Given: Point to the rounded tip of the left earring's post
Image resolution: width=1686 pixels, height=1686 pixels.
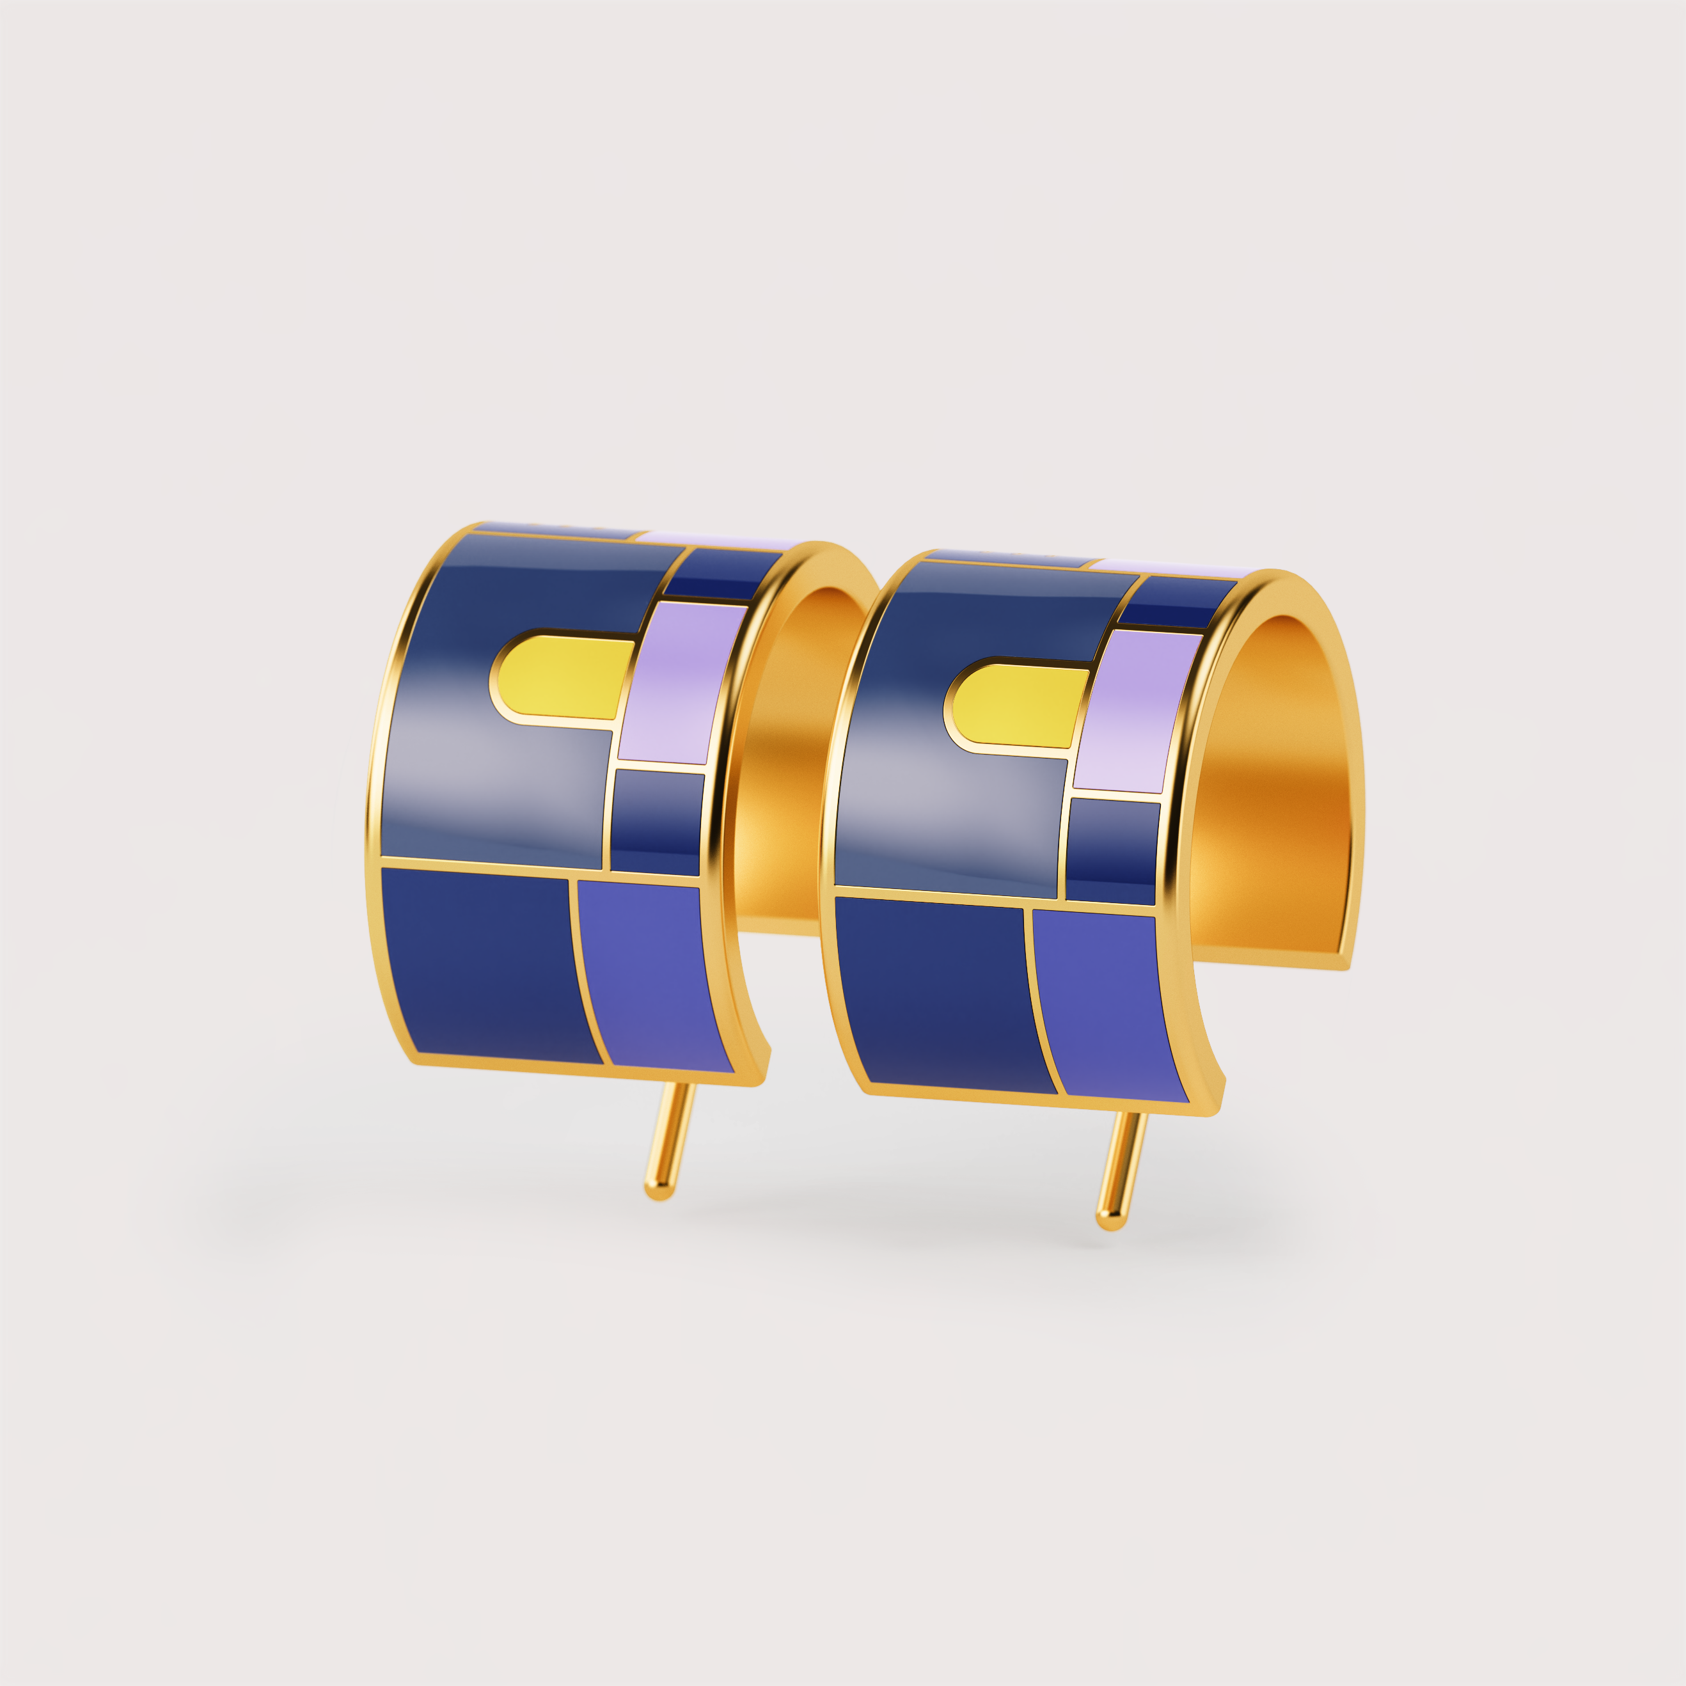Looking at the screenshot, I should pyautogui.click(x=658, y=1190).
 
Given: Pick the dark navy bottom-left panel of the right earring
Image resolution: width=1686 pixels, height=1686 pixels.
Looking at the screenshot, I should pyautogui.click(x=938, y=995).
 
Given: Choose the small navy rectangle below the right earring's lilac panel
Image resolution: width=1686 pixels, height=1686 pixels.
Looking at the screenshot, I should pyautogui.click(x=1113, y=851).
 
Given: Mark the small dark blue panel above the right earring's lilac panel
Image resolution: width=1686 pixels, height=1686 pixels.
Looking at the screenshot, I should pyautogui.click(x=1174, y=602).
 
